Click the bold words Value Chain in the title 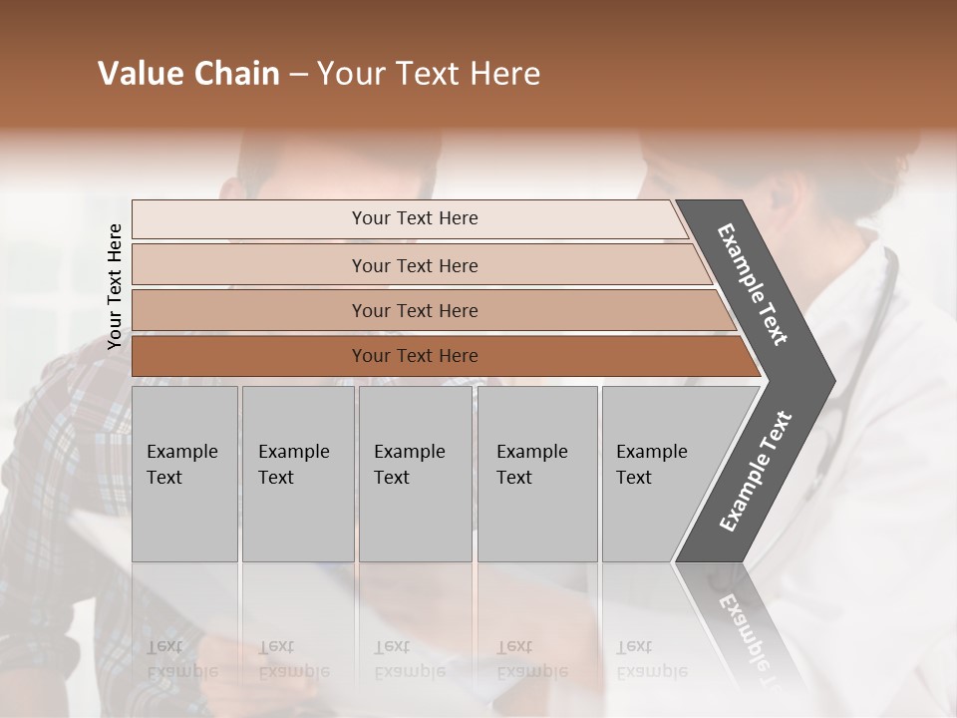tap(188, 74)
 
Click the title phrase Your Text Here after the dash tap(429, 74)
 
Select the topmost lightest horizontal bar tap(414, 218)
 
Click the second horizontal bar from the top tap(414, 265)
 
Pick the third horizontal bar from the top tap(414, 310)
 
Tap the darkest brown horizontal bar tap(414, 356)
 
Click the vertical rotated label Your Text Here tap(115, 286)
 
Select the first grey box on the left tap(184, 474)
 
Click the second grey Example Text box tap(297, 474)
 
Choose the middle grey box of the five tap(415, 474)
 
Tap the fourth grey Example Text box tap(536, 474)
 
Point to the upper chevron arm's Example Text tap(753, 284)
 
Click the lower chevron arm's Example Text tap(756, 471)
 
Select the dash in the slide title tap(298, 74)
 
